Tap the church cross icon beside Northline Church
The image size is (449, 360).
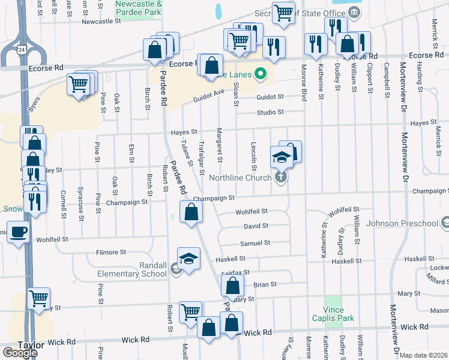pos(280,177)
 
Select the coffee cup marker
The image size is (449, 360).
pos(18,231)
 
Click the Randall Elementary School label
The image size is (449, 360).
pos(131,270)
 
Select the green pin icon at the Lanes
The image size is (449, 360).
pos(260,75)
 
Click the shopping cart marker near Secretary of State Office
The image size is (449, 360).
pos(283,12)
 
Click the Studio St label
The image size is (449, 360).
pos(270,112)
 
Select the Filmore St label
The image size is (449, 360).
pos(110,253)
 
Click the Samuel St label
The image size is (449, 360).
pos(255,243)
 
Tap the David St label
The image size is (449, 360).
pos(255,226)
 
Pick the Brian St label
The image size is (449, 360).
pos(264,284)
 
